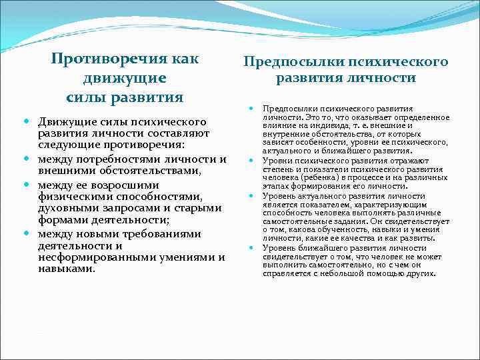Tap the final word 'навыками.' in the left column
point(67,270)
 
